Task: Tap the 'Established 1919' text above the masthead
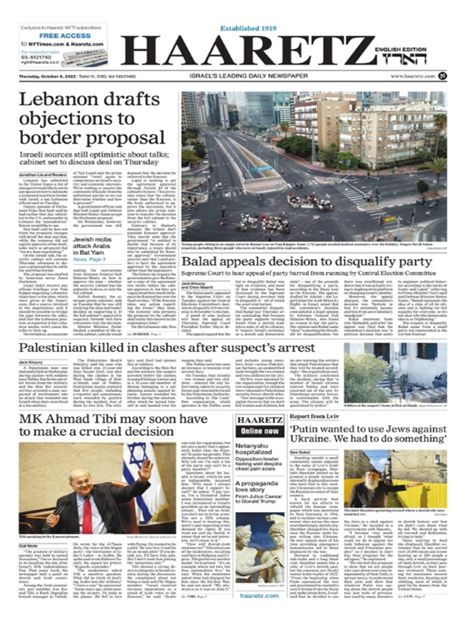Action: click(249, 28)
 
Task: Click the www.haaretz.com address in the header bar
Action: click(413, 76)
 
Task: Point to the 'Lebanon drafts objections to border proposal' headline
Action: click(89, 119)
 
